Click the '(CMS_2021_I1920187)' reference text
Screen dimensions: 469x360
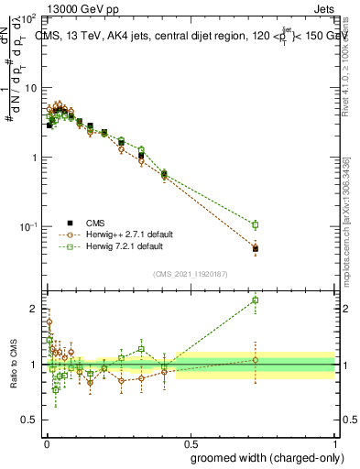190,274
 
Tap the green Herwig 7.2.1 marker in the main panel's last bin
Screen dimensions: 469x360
256,224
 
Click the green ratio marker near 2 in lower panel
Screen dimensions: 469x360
256,300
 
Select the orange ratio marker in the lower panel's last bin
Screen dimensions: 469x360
256,360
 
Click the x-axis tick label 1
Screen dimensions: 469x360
334,443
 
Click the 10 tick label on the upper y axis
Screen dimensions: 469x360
31,88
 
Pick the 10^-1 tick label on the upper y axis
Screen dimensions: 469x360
29,226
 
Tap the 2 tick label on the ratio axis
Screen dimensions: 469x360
35,309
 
